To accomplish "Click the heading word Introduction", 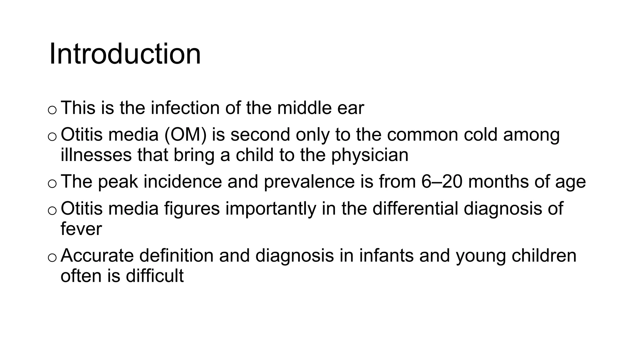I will [125, 54].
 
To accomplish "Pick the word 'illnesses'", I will [96, 155].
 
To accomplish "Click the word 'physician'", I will [370, 156].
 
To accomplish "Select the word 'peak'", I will [118, 182].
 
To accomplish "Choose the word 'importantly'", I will [271, 209].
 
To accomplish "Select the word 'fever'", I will [81, 229].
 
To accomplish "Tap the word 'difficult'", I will [155, 276].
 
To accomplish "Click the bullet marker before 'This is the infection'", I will [52, 110].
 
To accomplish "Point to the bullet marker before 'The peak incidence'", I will [52, 184].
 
